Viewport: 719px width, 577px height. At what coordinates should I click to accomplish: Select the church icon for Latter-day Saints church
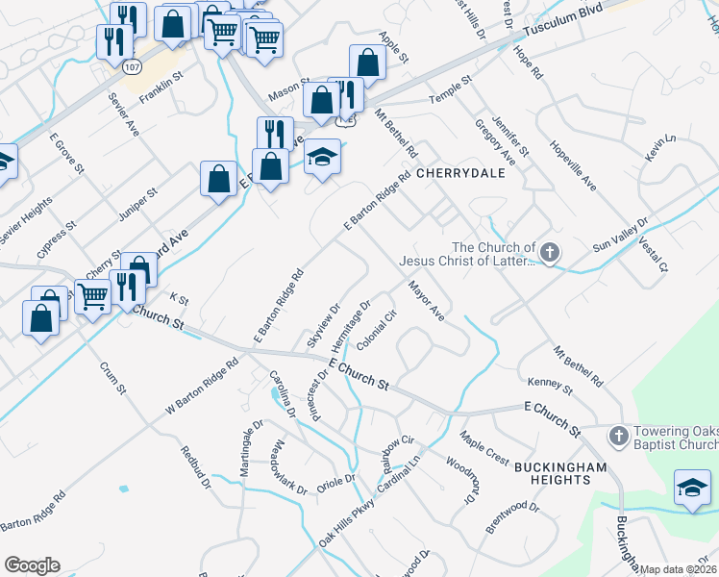pyautogui.click(x=549, y=254)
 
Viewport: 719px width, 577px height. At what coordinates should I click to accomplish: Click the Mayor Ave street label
pyautogui.click(x=426, y=301)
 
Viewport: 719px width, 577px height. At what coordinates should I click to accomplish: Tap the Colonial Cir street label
pyautogui.click(x=378, y=331)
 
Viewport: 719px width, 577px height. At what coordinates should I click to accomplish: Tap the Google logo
pyautogui.click(x=32, y=565)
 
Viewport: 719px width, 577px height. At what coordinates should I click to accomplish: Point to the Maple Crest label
pyautogui.click(x=484, y=445)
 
